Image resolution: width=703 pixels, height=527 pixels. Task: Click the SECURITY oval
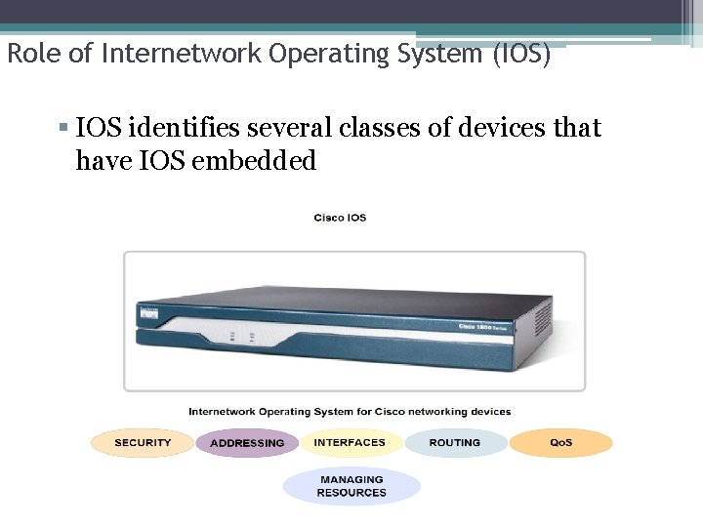(x=143, y=443)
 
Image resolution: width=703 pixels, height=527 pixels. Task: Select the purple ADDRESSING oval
(x=247, y=443)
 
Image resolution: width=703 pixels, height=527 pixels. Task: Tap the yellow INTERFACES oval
(x=350, y=443)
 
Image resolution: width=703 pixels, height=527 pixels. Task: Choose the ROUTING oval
(x=455, y=443)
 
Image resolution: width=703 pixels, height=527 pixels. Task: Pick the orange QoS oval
(x=560, y=443)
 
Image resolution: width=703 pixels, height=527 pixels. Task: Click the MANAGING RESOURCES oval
(x=351, y=486)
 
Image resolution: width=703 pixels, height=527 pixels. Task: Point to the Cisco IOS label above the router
(x=340, y=218)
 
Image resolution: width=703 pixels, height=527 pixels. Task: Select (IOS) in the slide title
(x=521, y=55)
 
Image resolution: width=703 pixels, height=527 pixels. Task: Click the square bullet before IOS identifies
(x=63, y=128)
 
